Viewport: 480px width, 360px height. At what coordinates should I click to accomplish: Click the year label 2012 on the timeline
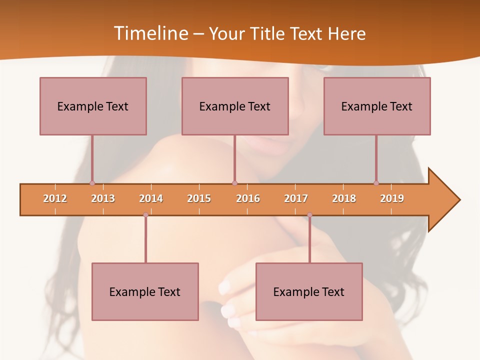55,198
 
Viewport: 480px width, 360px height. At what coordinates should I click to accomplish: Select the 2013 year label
103,198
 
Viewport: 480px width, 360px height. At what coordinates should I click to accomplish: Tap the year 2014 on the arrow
151,198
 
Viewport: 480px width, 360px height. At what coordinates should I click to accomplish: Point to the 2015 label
199,198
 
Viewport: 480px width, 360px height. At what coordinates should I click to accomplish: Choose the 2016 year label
248,198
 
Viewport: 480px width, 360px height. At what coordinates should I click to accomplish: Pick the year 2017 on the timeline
296,198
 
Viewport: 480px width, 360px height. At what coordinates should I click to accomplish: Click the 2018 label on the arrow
344,198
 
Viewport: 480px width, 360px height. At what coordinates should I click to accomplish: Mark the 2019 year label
392,198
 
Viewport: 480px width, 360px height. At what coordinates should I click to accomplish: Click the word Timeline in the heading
150,33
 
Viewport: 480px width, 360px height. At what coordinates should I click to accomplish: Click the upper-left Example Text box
93,106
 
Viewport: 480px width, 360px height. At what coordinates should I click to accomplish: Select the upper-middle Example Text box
235,106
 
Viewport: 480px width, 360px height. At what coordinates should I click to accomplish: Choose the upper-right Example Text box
377,106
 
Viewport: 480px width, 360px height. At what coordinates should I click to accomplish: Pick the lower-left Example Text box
145,291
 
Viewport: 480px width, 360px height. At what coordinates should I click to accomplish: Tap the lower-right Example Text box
309,291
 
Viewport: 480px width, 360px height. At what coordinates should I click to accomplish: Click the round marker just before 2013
92,183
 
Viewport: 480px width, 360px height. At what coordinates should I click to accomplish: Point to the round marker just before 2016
234,183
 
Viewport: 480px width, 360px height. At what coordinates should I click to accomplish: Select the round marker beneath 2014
145,215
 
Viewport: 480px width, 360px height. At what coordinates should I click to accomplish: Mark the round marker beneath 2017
309,215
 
